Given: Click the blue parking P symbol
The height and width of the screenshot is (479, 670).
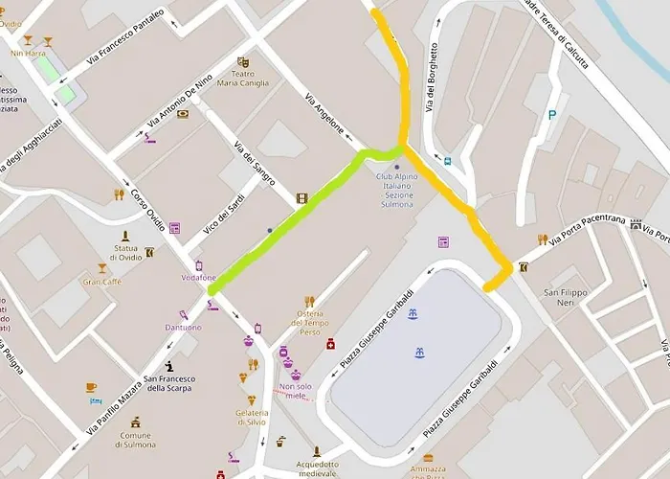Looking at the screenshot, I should [x=551, y=115].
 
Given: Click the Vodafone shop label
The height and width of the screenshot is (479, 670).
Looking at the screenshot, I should [x=198, y=278].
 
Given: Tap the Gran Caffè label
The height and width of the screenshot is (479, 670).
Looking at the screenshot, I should [x=102, y=282].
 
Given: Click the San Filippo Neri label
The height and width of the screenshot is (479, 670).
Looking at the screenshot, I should [x=564, y=297].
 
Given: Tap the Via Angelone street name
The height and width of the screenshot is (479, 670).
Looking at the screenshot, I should [x=324, y=117].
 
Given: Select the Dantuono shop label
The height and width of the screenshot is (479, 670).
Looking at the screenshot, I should [x=182, y=327].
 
